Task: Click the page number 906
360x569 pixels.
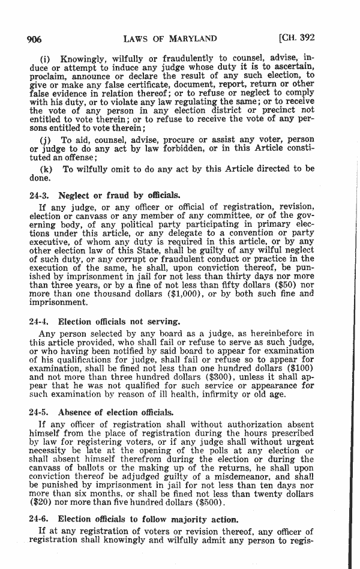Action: (34, 40)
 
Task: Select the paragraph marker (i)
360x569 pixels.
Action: (44, 60)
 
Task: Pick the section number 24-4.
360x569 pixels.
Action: (40, 322)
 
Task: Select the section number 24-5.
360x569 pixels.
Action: (40, 412)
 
